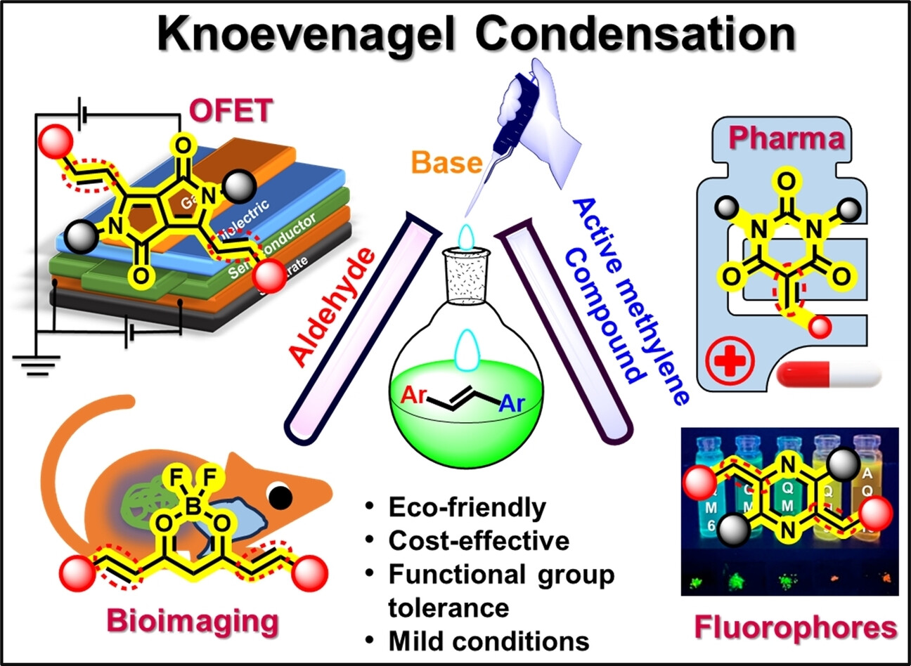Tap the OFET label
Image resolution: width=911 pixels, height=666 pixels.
231,110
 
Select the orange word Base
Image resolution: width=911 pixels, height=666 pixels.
446,163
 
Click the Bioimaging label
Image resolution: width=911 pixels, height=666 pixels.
192,621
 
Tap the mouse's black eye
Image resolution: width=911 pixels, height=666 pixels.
281,497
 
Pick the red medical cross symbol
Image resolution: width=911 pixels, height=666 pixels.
728,362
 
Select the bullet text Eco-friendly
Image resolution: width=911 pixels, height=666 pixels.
467,507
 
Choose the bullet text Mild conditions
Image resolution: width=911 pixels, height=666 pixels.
488,641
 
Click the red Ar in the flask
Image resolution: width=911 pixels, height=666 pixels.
414,395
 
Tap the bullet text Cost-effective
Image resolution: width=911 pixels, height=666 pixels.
478,540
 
